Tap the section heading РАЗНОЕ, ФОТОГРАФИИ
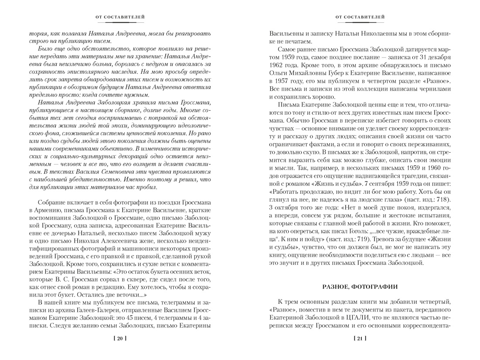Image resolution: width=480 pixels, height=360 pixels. pos(360,287)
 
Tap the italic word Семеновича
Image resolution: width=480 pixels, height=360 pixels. pos(112,171)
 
